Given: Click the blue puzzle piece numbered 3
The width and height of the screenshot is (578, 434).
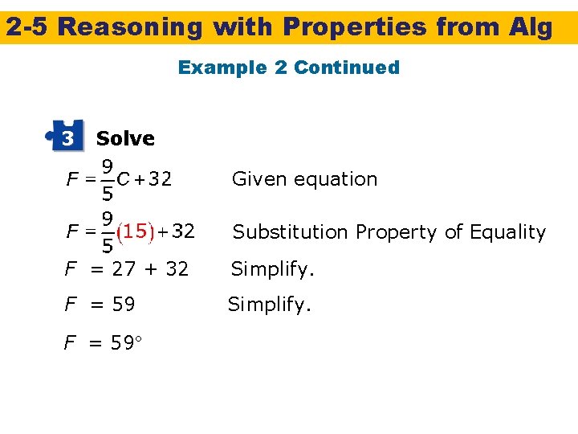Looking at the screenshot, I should coord(66,137).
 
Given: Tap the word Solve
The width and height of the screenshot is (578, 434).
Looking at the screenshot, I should coord(125,138).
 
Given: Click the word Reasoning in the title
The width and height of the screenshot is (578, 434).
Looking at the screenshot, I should coord(130,27).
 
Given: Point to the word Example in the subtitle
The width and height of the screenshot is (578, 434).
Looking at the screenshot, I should coord(222,68).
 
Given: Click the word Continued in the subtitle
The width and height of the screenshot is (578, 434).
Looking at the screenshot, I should coord(347,68).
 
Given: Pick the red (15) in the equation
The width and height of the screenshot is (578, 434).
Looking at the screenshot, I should coord(133,232).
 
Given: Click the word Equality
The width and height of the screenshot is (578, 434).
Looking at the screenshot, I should coord(507,232).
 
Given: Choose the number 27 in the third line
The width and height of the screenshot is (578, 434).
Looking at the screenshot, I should coord(124,269).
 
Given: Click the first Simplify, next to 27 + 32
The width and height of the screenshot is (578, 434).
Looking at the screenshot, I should coord(272,269).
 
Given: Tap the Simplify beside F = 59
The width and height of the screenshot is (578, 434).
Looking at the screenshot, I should coord(269,305).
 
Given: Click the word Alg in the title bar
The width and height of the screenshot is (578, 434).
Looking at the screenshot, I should coord(531,27).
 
